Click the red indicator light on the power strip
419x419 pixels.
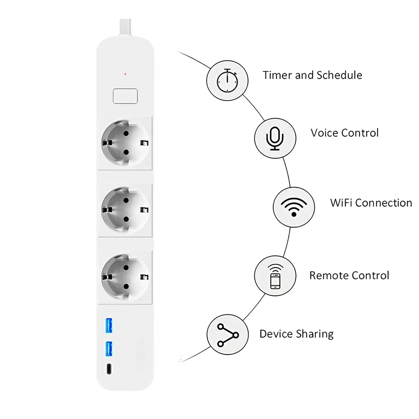coord(125,75)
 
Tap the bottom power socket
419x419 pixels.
coord(125,277)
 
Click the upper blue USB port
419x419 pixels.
coord(109,326)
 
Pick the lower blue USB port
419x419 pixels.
coord(109,349)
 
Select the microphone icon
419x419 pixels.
coord(275,138)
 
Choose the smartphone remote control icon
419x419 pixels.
coord(275,276)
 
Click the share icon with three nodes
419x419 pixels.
coord(228,335)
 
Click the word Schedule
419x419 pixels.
coord(339,75)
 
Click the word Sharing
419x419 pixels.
coord(315,334)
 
